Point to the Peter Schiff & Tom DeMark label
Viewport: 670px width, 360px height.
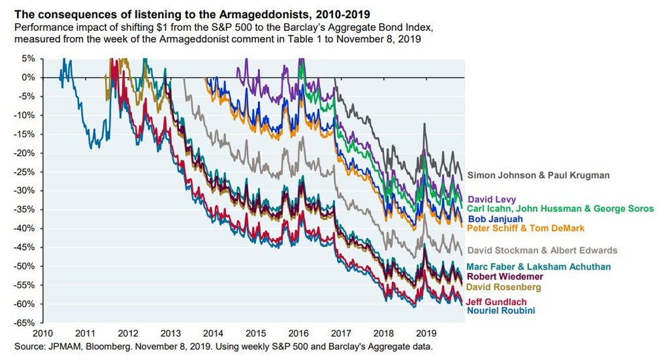[525, 229]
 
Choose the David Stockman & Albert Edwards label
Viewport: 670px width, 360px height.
[542, 251]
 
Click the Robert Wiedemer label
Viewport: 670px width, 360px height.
[505, 276]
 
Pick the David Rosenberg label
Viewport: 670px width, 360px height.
[504, 287]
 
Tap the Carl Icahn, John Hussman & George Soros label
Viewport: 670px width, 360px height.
[560, 209]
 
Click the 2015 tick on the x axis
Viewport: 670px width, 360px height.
[255, 333]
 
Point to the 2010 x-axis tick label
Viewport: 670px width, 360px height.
[42, 333]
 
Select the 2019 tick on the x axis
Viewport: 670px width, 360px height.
[425, 333]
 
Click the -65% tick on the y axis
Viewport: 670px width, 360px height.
[25, 322]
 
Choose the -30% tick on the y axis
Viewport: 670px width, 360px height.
[25, 190]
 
